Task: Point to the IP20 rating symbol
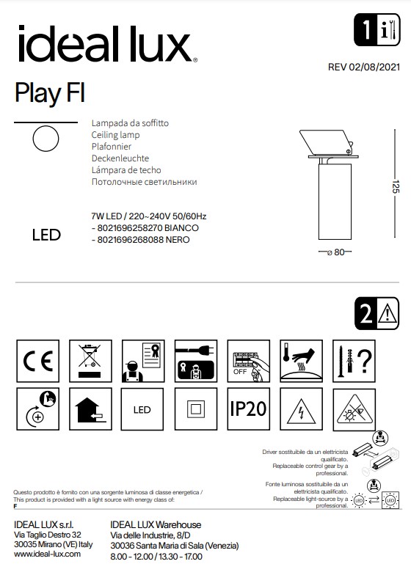(248, 409)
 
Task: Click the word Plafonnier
(111, 147)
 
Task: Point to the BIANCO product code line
(143, 228)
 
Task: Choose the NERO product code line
(137, 240)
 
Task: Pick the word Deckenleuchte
(120, 158)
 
